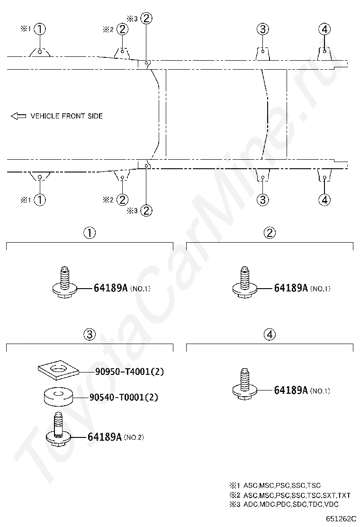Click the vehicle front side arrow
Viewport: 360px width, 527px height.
pyautogui.click(x=18, y=116)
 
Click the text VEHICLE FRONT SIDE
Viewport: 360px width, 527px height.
pyautogui.click(x=66, y=116)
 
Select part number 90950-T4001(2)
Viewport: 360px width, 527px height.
pyautogui.click(x=126, y=372)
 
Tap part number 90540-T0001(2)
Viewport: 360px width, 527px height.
pyautogui.click(x=123, y=397)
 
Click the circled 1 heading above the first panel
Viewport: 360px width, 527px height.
pyautogui.click(x=90, y=233)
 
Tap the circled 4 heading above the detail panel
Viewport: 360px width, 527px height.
pyautogui.click(x=270, y=335)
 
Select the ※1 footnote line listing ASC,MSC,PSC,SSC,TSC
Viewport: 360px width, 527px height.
pyautogui.click(x=275, y=485)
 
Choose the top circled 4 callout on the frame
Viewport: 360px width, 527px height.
pyautogui.click(x=324, y=29)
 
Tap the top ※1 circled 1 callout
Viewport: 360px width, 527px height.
pyautogui.click(x=40, y=29)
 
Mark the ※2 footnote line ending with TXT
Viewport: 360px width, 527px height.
pyautogui.click(x=289, y=495)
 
